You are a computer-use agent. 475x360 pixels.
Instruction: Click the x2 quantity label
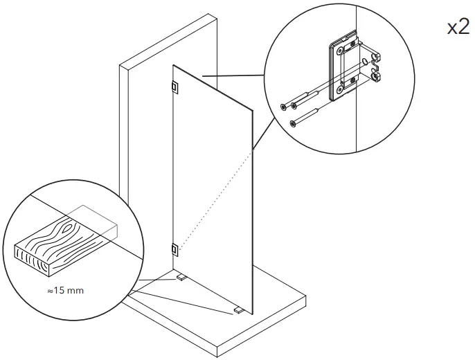click(458, 28)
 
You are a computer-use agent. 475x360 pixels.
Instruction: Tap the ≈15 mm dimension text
click(65, 290)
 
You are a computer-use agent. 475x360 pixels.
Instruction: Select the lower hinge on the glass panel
click(173, 248)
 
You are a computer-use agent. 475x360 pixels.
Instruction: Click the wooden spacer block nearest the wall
click(181, 277)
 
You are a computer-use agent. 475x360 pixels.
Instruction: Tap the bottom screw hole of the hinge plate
click(340, 90)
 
